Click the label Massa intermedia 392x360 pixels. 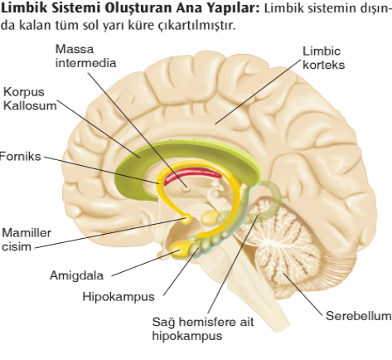point(85,56)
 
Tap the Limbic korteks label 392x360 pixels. point(323,58)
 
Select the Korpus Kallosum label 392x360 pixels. point(30,99)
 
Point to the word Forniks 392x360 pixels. point(20,157)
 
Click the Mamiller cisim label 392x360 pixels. point(27,240)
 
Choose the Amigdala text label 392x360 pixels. point(76,275)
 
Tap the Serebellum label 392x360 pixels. point(359,316)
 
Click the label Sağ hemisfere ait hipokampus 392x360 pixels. point(203,328)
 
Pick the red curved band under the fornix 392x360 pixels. point(191,175)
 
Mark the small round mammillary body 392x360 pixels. point(186,219)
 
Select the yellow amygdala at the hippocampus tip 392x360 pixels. point(179,250)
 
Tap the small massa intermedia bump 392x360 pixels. point(186,189)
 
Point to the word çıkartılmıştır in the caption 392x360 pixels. point(196,26)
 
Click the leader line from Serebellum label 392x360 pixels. point(303,294)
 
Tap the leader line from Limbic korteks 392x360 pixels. point(258,92)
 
